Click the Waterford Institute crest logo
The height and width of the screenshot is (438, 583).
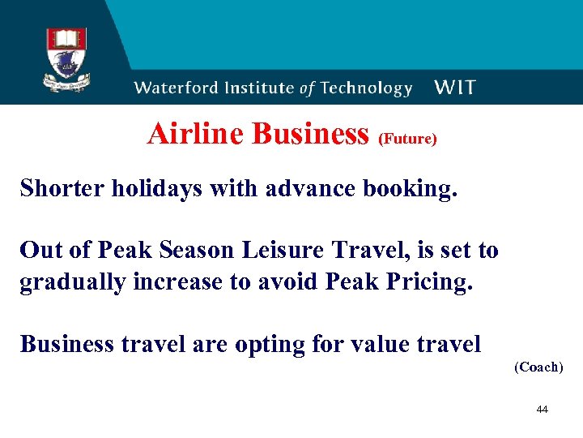tap(67, 58)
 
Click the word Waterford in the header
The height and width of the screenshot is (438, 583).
tap(177, 88)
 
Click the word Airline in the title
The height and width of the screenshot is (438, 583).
tap(196, 134)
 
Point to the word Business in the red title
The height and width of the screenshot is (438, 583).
tap(310, 134)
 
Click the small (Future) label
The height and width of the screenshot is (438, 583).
tap(407, 139)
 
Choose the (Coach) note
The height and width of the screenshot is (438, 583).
tap(538, 367)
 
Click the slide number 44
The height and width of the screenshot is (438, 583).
tap(542, 410)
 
